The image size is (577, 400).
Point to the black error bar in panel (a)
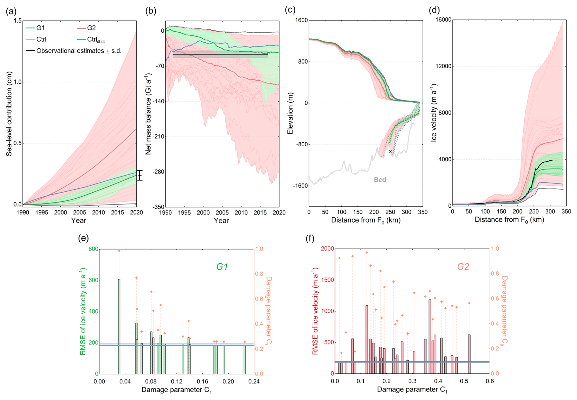coord(140,175)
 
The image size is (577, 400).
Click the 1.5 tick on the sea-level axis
coord(18,21)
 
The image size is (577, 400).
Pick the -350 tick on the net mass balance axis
coord(158,207)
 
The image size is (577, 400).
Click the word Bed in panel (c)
coord(380,180)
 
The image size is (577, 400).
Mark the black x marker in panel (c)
coord(390,151)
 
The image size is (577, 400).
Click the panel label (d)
coord(434,10)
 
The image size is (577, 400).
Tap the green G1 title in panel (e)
coord(222,267)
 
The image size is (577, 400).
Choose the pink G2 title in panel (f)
coord(463,267)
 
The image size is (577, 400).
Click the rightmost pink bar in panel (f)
coord(469,354)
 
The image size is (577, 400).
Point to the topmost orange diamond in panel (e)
coord(119,251)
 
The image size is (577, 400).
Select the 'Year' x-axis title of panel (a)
coord(79,220)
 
